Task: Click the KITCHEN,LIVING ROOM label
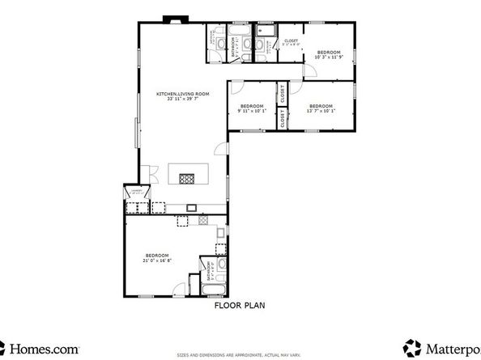(x=183, y=94)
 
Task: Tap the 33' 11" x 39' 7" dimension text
(x=183, y=100)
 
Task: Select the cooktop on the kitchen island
(x=188, y=178)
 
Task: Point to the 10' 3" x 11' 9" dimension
(x=329, y=57)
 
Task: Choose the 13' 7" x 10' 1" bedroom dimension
(x=321, y=112)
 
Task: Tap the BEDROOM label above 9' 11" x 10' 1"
(x=252, y=106)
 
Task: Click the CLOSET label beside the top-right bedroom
(x=291, y=40)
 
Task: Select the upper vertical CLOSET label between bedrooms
(x=282, y=94)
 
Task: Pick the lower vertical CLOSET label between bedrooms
(x=282, y=119)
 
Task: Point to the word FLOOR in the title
(x=226, y=306)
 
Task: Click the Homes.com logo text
(x=45, y=347)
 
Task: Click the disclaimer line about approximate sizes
(x=240, y=354)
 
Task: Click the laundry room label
(x=137, y=193)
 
